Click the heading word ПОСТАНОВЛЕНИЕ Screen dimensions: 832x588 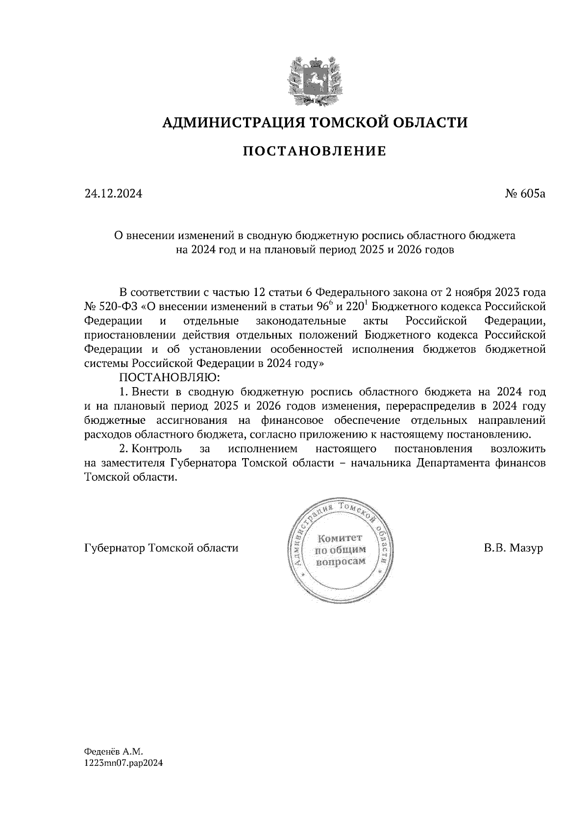[x=315, y=151]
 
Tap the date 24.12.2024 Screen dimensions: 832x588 [x=113, y=194]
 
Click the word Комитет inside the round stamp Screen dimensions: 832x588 [x=340, y=538]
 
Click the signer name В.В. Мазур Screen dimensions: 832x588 [x=513, y=548]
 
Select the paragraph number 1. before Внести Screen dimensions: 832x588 [x=124, y=392]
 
